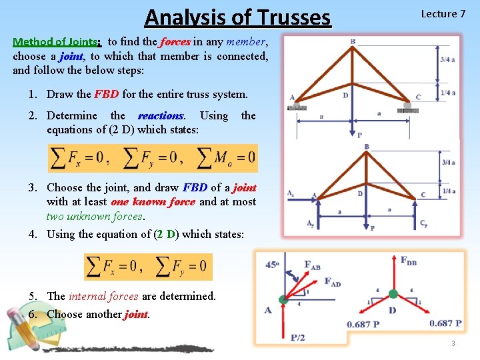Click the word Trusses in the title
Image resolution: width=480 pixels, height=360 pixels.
[x=291, y=17]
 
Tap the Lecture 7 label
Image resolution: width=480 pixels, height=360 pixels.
[x=443, y=14]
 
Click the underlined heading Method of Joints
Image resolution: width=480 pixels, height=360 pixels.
[x=57, y=42]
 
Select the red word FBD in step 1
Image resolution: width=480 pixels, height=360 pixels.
[x=107, y=95]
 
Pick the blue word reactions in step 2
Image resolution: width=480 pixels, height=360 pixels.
[x=161, y=116]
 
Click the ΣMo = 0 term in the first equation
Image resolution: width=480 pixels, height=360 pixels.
[x=226, y=157]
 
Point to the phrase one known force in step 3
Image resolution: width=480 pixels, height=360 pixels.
[x=153, y=202]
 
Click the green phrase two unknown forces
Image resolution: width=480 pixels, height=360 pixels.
[x=94, y=216]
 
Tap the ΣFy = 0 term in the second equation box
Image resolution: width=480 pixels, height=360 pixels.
[x=179, y=267]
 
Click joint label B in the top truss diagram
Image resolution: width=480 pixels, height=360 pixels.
[x=353, y=42]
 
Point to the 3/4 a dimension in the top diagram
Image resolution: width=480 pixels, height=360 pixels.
[x=448, y=59]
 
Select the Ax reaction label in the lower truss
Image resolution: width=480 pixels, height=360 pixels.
[x=291, y=193]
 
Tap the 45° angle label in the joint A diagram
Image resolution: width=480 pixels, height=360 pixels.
[x=271, y=264]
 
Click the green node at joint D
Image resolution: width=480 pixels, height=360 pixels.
[x=393, y=293]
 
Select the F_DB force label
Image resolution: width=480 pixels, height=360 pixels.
[x=409, y=260]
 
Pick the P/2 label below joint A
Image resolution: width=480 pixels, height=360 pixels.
[x=298, y=337]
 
